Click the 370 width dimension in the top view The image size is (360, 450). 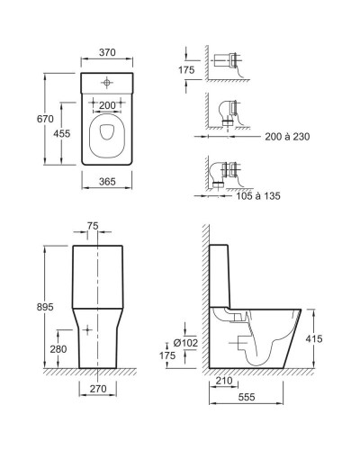pyautogui.click(x=107, y=52)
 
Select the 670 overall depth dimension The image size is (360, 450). pyautogui.click(x=45, y=119)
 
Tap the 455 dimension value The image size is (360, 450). pyautogui.click(x=62, y=133)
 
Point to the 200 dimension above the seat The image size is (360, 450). pyautogui.click(x=107, y=105)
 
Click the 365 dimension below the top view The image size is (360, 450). pyautogui.click(x=107, y=182)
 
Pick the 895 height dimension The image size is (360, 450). pyautogui.click(x=45, y=307)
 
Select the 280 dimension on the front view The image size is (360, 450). pyautogui.click(x=58, y=349)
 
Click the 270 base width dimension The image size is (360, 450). pyautogui.click(x=98, y=389)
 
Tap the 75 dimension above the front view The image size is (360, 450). pyautogui.click(x=93, y=226)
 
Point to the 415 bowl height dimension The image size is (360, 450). pyautogui.click(x=314, y=338)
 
